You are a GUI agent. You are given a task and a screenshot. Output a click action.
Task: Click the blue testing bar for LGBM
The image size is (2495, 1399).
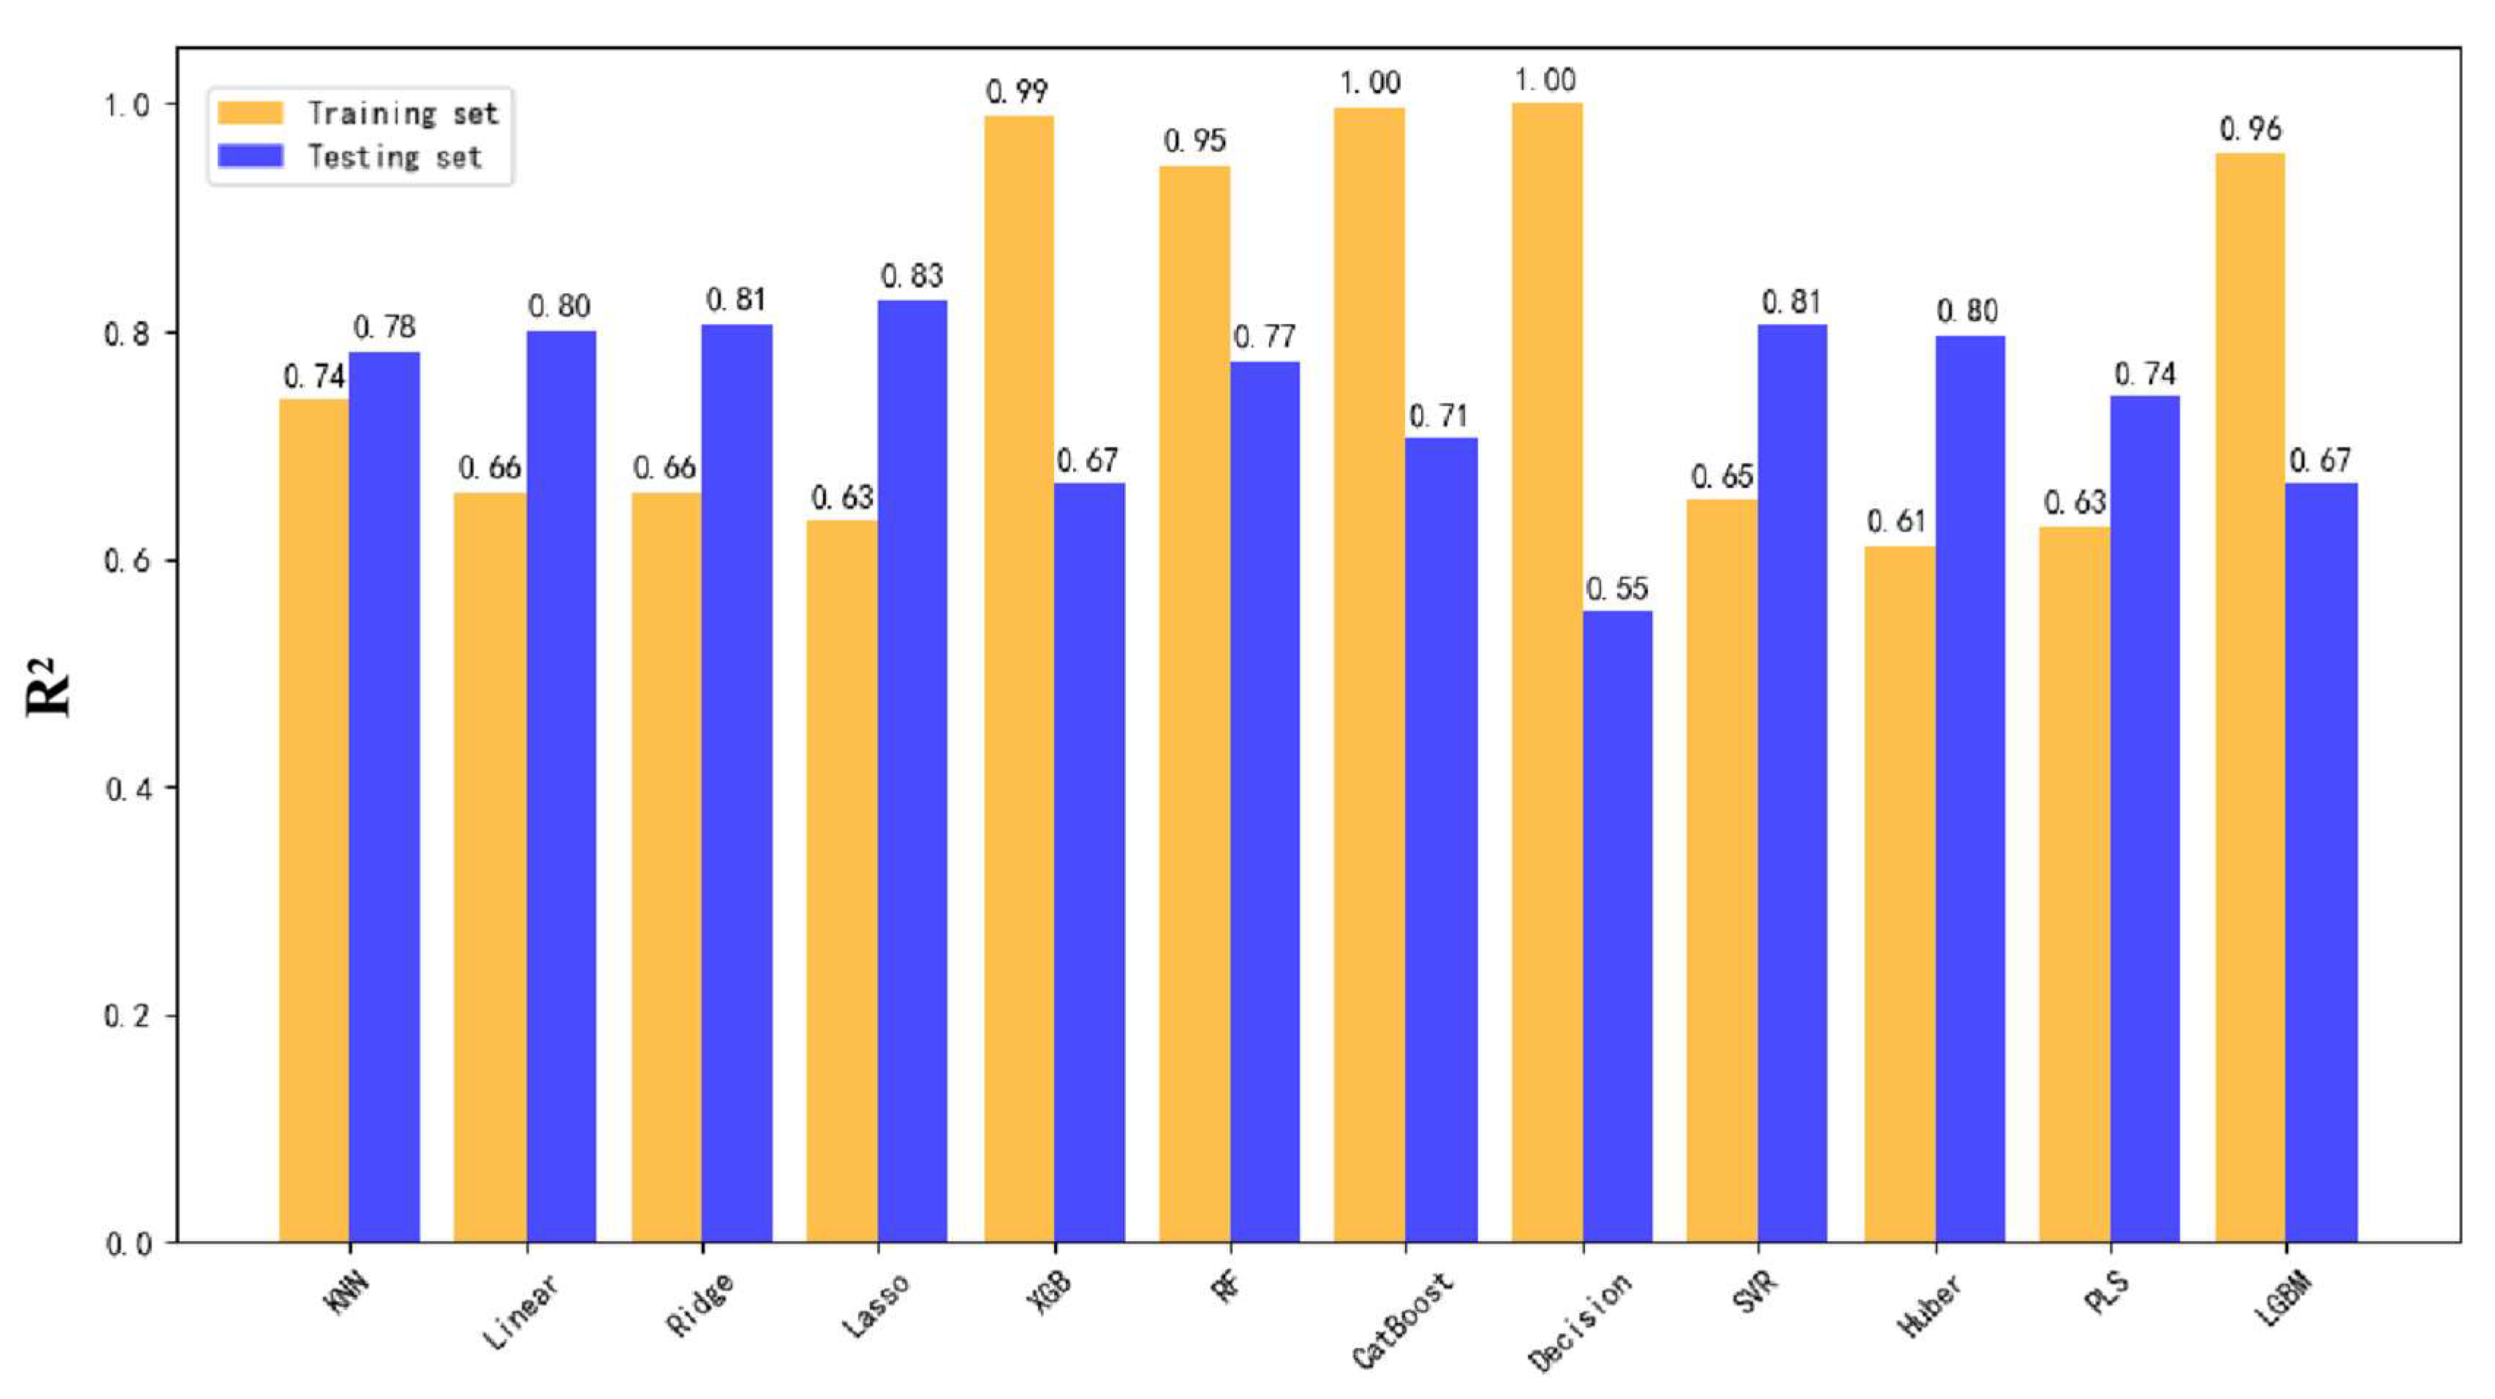(x=2321, y=861)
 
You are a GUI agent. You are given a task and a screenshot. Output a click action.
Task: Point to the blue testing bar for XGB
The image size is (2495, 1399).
(x=1090, y=861)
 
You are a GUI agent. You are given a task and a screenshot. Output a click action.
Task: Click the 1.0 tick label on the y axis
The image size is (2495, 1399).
(x=127, y=104)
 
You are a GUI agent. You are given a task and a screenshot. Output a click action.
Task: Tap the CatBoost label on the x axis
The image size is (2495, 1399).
(x=1402, y=1319)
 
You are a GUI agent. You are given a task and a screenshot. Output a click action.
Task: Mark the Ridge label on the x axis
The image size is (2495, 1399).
(x=700, y=1304)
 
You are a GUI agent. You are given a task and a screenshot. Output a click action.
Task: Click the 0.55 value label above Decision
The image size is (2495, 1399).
(x=1616, y=589)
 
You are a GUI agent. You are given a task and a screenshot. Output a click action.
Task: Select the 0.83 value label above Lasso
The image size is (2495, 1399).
(x=912, y=277)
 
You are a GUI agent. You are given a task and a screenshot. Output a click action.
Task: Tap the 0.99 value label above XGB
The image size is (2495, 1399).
(x=1017, y=92)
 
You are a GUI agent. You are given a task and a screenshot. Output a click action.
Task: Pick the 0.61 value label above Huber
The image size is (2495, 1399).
(x=1896, y=522)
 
